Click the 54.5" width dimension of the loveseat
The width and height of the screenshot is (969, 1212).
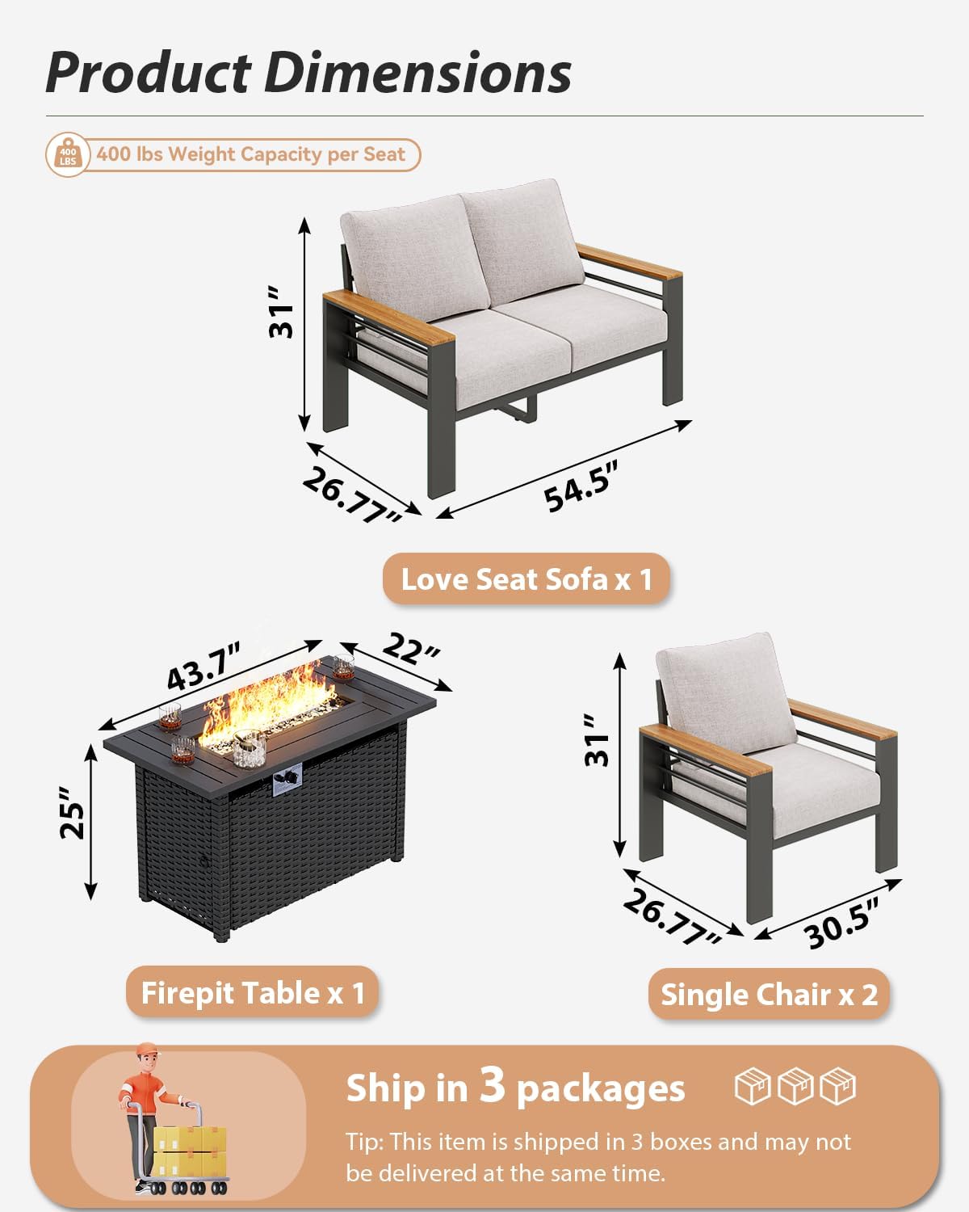(x=581, y=486)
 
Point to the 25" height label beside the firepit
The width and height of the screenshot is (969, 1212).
(x=73, y=819)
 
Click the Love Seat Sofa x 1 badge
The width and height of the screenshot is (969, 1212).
(x=526, y=579)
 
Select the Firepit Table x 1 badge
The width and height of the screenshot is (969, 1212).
(x=253, y=993)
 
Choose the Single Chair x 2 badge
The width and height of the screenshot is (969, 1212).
(x=769, y=995)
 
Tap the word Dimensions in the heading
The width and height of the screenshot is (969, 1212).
(x=417, y=73)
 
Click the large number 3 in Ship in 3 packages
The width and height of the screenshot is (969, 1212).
(x=492, y=1085)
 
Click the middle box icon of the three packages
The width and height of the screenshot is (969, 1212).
(x=795, y=1087)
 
